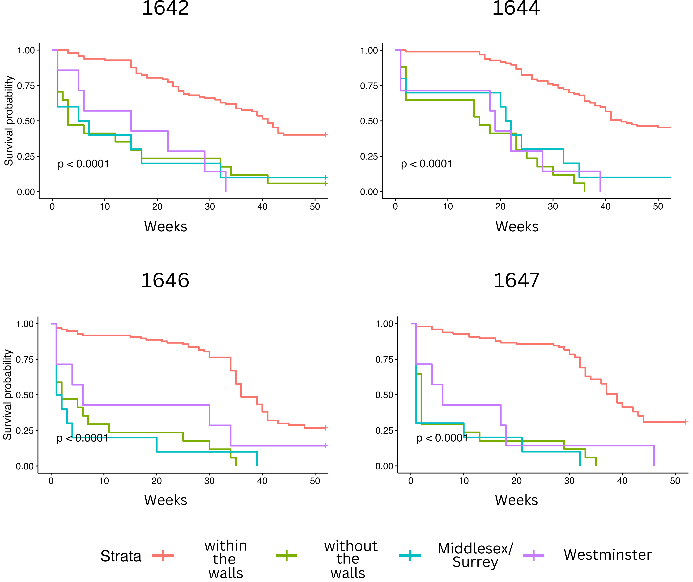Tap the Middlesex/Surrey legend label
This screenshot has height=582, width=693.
[475, 555]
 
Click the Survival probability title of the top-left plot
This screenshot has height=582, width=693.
[9, 121]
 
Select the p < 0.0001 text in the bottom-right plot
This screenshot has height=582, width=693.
[442, 438]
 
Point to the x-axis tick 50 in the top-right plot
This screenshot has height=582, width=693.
[658, 207]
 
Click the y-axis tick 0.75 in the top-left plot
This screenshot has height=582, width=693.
[26, 86]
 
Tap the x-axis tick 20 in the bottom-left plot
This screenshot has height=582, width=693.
[156, 481]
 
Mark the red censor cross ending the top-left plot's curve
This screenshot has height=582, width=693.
[325, 135]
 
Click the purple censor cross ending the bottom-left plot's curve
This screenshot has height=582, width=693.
[325, 446]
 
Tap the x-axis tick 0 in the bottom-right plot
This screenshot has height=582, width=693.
[411, 481]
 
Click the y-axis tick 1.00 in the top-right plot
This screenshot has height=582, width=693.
[369, 51]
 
